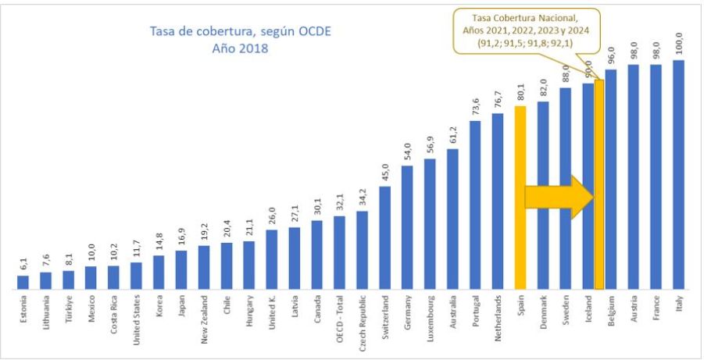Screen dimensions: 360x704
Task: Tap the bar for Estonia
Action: (23, 281)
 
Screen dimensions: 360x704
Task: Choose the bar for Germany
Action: (407, 226)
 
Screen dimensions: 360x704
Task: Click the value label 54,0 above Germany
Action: (407, 151)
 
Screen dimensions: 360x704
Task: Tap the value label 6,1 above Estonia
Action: (23, 263)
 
